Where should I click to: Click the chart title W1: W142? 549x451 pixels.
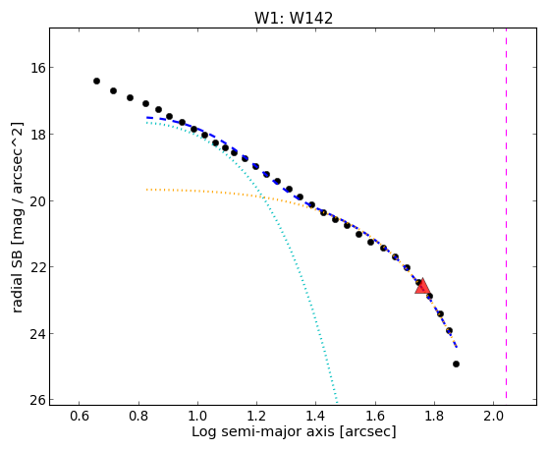(294, 18)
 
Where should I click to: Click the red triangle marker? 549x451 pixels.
(422, 287)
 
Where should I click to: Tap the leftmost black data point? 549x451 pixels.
(96, 81)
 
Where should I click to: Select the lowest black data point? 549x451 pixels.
(456, 365)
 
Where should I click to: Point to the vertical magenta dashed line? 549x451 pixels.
(507, 213)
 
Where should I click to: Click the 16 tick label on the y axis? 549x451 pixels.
(35, 67)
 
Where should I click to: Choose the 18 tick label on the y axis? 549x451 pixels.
(35, 134)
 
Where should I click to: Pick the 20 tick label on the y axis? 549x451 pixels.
(35, 200)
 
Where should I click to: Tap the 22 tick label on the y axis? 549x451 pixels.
(35, 266)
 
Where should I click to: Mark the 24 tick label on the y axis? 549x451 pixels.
(35, 333)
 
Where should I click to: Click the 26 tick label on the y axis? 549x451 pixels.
(35, 400)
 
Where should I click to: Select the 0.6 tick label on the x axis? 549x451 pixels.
(80, 416)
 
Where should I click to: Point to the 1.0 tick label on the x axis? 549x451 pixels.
(197, 416)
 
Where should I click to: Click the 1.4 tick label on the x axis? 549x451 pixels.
(316, 416)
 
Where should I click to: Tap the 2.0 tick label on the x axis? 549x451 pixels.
(493, 416)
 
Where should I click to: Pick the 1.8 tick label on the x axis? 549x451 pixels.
(434, 416)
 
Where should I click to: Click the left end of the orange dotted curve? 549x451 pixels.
(146, 190)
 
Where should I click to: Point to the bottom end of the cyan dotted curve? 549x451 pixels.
(337, 402)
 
